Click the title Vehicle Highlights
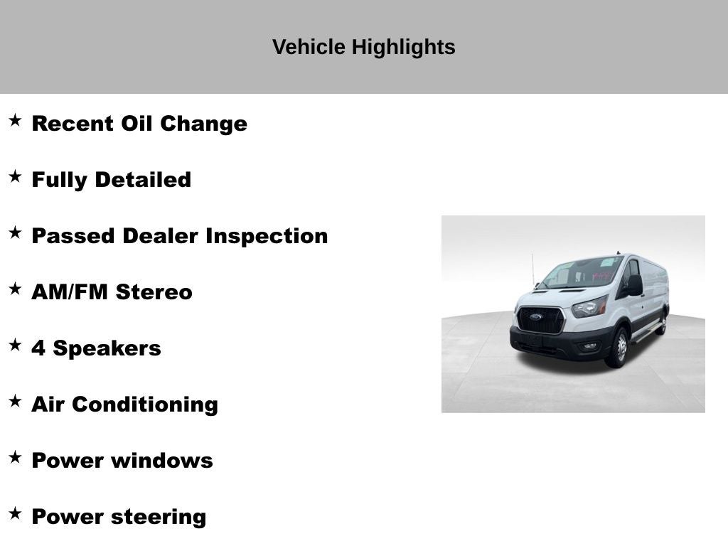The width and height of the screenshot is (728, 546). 363,47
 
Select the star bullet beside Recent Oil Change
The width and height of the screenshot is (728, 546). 15,121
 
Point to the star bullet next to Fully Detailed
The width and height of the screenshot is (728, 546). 15,177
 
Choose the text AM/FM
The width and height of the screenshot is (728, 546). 69,292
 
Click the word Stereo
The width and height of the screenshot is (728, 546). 154,292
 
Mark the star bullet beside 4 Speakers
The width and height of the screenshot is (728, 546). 15,346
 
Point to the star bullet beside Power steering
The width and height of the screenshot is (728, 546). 15,514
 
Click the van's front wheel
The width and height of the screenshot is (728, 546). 617,348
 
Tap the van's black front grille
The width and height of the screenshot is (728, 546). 541,320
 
